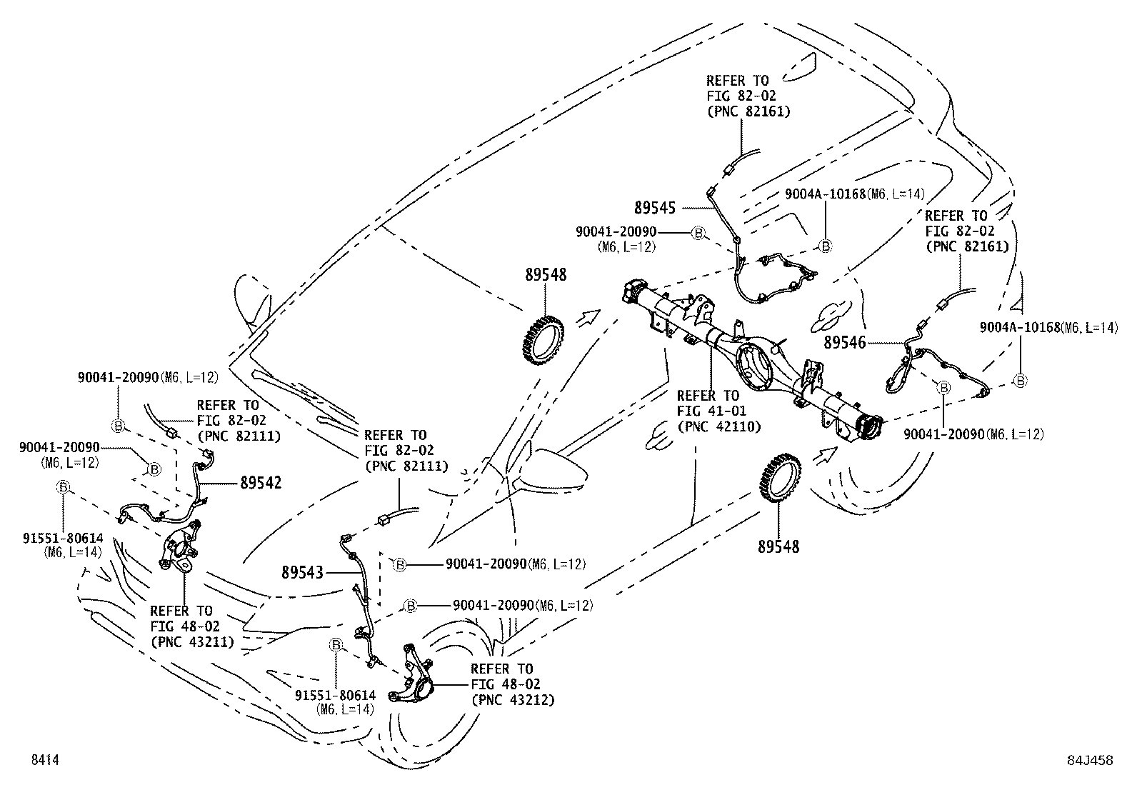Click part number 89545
point(655,208)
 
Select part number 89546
point(845,343)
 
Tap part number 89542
point(261,482)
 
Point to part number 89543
point(303,573)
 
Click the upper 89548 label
point(546,275)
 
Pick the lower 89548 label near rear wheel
point(778,547)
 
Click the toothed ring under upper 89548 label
point(543,339)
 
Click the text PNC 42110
point(719,426)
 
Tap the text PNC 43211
point(192,642)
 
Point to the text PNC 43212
point(514,700)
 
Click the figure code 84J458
point(1090,760)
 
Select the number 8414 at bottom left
point(45,759)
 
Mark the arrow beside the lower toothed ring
point(826,456)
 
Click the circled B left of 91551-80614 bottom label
point(336,645)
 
